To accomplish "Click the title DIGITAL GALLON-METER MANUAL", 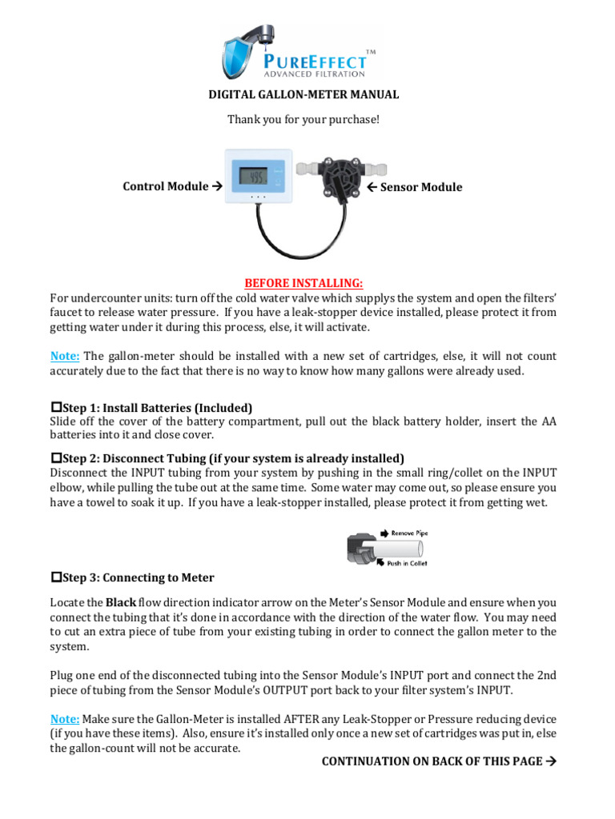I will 303,94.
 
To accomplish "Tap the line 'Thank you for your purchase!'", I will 303,119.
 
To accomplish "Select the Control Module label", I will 171,186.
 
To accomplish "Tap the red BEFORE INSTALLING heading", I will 303,283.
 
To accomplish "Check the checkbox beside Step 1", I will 56,407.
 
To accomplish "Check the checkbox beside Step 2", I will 56,458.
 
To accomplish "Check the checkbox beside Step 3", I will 56,577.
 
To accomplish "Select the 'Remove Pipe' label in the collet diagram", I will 408,532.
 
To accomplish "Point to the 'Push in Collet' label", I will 407,563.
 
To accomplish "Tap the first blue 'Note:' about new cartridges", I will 65,356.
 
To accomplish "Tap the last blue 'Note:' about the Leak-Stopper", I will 65,720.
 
